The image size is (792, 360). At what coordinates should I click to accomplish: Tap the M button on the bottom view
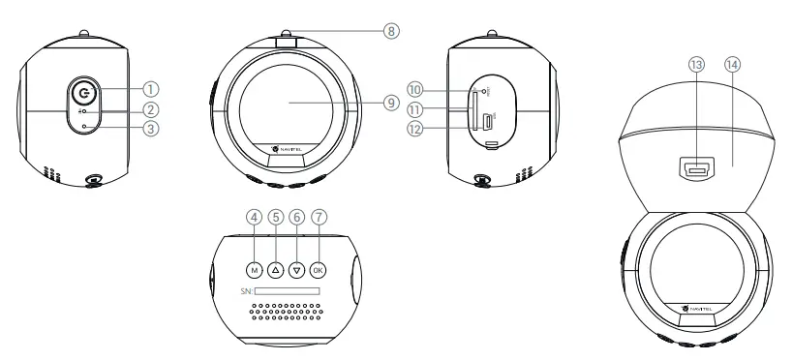coord(254,270)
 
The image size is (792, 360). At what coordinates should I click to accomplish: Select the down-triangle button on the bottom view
coord(297,270)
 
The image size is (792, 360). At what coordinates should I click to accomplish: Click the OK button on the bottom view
coord(319,270)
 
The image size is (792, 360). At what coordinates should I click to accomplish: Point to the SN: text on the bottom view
coord(247,290)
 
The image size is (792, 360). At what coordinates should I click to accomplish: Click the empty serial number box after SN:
coord(288,290)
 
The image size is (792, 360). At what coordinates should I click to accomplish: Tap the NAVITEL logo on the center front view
coord(289,148)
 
